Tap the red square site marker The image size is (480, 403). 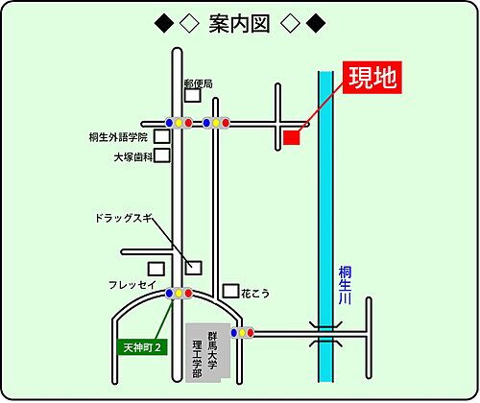[x=292, y=138]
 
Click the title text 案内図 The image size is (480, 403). [x=239, y=23]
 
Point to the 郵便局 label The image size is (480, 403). [x=198, y=83]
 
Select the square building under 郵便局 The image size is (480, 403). [x=193, y=95]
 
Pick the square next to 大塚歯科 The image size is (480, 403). [x=162, y=154]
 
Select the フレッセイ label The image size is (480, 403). [x=131, y=286]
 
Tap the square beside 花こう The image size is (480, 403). [x=230, y=290]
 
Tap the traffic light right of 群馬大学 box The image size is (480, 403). [x=243, y=333]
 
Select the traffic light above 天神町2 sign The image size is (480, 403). [x=179, y=293]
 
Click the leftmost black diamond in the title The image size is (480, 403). [x=161, y=23]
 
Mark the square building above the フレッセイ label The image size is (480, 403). [x=156, y=269]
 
